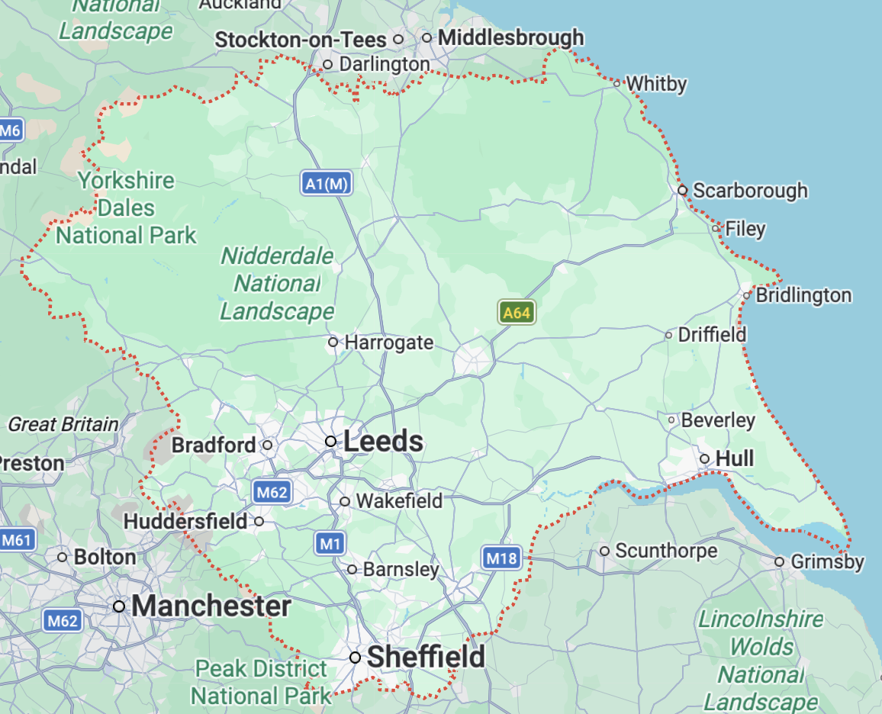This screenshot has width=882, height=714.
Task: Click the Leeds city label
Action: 383,442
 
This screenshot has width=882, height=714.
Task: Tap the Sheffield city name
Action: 426,657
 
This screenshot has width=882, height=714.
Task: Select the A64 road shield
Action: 517,312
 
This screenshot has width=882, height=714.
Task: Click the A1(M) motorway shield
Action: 326,183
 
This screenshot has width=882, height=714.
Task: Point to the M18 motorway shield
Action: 501,558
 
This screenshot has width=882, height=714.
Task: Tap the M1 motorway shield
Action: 329,543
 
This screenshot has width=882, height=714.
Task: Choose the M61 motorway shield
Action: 16,541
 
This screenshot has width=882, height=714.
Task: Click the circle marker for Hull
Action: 705,458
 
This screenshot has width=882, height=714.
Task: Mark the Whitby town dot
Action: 616,82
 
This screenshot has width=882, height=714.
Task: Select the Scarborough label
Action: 749,190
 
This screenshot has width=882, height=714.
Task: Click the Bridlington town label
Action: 803,295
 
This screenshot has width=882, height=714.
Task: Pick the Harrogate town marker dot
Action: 333,342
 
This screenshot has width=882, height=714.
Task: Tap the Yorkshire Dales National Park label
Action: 126,208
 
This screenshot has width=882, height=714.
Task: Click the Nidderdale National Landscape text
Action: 277,284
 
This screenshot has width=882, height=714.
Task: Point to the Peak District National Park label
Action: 261,682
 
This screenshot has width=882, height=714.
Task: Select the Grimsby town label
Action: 827,562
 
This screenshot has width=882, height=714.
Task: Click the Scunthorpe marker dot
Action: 604,550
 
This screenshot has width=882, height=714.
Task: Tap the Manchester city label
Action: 211,606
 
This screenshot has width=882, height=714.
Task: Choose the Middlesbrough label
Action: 510,37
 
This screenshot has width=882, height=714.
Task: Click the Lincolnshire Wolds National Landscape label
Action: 761,660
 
